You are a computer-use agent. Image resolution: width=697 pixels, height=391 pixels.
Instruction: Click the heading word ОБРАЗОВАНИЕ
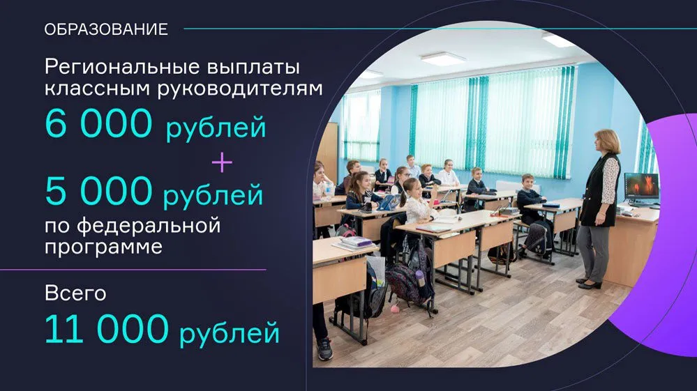coord(106,29)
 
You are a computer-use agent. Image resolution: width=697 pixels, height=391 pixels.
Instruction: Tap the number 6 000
coord(98,123)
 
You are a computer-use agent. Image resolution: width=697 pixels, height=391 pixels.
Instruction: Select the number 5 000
coord(98,190)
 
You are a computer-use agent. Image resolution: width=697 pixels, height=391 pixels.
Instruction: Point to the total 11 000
coord(107,329)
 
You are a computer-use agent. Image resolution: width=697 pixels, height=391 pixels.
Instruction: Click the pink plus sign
coord(222,162)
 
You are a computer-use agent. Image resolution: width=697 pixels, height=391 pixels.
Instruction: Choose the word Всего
coord(75,293)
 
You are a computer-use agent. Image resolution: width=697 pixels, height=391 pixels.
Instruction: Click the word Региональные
coord(123,68)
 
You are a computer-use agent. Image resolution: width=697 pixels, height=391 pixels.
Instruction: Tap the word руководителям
coord(240,89)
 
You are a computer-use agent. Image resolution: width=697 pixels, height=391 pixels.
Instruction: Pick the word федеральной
coord(149,225)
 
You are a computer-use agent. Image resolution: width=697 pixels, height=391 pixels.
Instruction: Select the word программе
coord(103,247)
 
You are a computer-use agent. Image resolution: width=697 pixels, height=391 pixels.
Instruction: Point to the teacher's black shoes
coord(589,283)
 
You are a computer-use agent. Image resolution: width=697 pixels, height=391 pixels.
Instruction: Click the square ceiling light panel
coord(443,58)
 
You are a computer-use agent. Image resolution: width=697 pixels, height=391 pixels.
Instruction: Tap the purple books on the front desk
coord(357,243)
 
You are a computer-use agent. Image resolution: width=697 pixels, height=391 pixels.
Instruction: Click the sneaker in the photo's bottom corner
coord(325,349)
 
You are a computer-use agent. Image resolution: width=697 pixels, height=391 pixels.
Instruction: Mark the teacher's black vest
coord(599,190)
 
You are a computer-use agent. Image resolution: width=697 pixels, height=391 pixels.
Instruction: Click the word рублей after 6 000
coord(216,128)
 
